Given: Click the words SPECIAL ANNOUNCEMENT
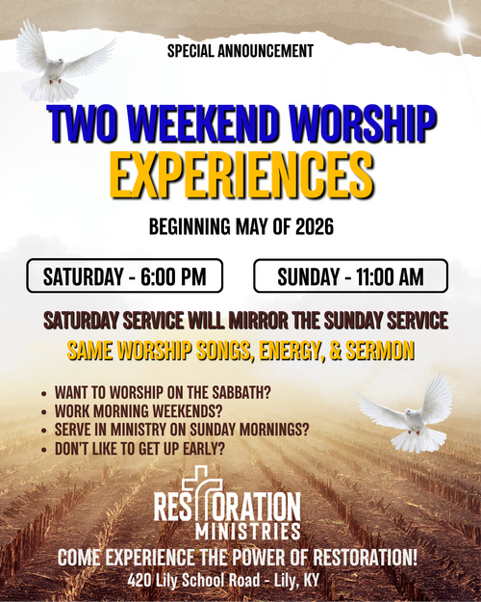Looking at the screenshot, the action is tap(240, 51).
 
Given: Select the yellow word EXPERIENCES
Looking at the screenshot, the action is tap(241, 174).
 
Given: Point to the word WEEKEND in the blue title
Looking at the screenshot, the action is tap(203, 123).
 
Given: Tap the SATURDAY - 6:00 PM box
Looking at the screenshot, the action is tap(125, 275).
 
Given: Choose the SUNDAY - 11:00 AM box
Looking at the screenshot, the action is tap(350, 275).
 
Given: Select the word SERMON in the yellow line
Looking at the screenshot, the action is tap(380, 351).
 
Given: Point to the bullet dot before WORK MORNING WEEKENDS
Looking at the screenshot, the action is tap(44, 412).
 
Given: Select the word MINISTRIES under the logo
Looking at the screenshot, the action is tap(248, 532).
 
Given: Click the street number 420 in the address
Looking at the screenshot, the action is tap(140, 580).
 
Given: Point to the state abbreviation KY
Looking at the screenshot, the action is tap(312, 580).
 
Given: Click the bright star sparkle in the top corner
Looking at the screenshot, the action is tap(456, 26).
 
